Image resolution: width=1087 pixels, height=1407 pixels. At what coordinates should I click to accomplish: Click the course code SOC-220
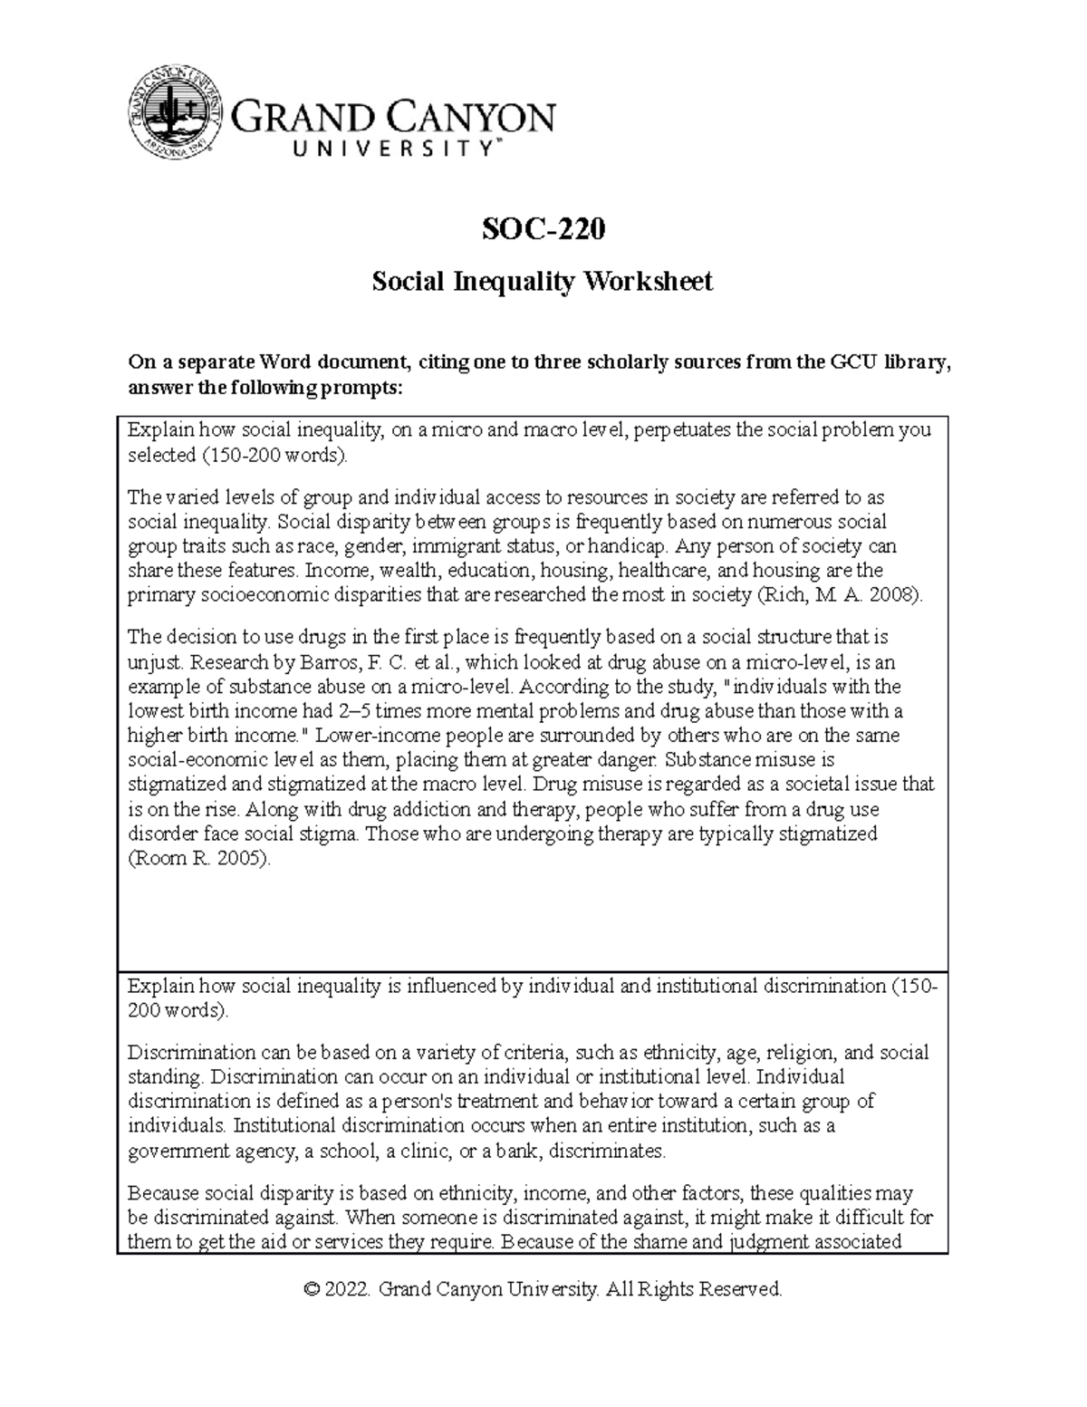(x=543, y=230)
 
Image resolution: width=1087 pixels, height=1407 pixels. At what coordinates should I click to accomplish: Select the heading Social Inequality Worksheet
(x=543, y=282)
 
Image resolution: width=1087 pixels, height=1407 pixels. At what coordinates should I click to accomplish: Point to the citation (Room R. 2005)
(x=199, y=858)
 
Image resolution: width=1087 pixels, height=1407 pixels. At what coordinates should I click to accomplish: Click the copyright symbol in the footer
(x=313, y=1289)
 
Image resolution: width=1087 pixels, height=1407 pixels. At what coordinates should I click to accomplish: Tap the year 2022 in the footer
(x=350, y=1289)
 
